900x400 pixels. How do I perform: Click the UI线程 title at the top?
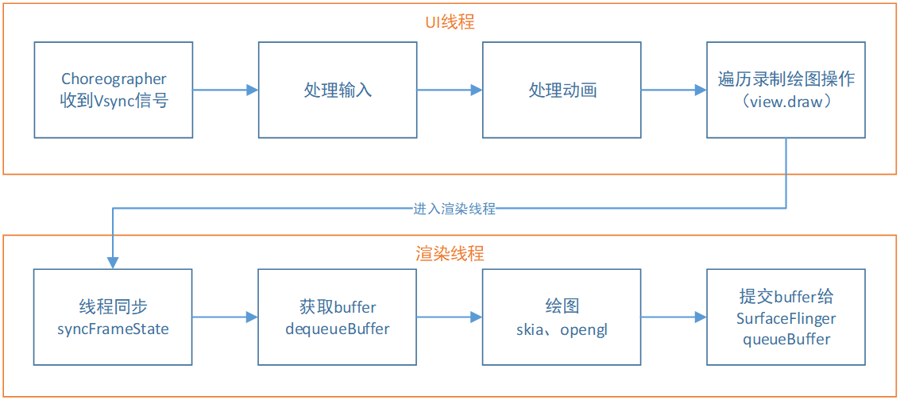point(449,22)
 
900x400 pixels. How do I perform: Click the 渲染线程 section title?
point(450,254)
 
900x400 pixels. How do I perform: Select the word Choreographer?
point(114,79)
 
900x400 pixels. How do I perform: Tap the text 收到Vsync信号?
point(114,101)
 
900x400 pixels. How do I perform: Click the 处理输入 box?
point(338,90)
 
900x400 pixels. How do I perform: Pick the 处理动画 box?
point(562,90)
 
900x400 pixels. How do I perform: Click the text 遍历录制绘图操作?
point(786,79)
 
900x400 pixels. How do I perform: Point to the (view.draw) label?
point(786,102)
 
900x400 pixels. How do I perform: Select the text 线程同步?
point(114,306)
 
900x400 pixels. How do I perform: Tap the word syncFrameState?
point(114,329)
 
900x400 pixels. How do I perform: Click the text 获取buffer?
point(338,306)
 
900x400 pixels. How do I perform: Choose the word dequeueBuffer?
point(338,329)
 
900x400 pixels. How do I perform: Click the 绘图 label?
point(562,306)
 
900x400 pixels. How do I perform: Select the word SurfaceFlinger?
point(786,318)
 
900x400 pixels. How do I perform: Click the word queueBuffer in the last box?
point(786,339)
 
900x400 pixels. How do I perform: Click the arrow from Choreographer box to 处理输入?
point(226,90)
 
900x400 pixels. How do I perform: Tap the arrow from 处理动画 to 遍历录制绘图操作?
point(674,90)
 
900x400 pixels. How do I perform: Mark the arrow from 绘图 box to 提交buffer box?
point(674,317)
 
